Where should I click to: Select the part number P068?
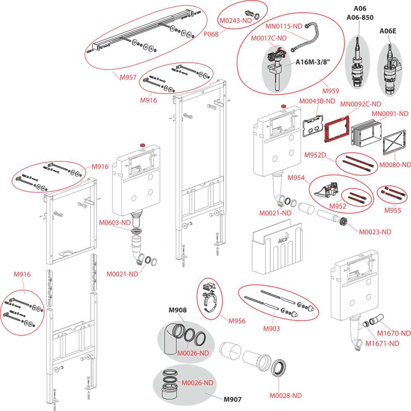tap(210, 34)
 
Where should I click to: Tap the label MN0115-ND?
tap(284, 26)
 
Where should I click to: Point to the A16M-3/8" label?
tap(313, 62)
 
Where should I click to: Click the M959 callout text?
tap(331, 91)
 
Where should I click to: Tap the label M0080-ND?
tap(395, 165)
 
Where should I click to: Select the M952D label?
tap(315, 155)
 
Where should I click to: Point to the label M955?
tap(393, 211)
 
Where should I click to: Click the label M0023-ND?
tap(375, 232)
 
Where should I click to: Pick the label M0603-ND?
tap(115, 223)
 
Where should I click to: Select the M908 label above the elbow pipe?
tap(178, 310)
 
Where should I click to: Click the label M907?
tap(232, 399)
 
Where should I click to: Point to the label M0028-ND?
tap(286, 395)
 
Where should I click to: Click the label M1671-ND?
tap(383, 343)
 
